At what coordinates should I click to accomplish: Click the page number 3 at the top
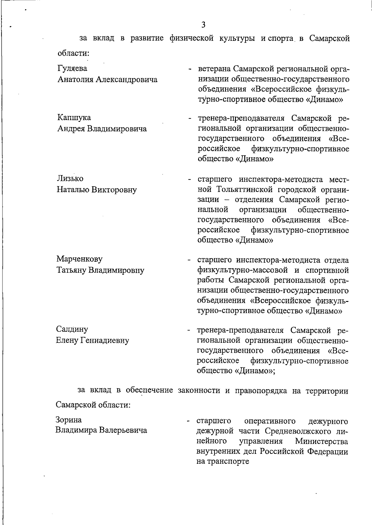(x=203, y=25)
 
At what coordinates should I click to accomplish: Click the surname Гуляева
(x=73, y=68)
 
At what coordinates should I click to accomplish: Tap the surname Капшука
(x=74, y=118)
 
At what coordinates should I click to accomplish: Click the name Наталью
(x=73, y=190)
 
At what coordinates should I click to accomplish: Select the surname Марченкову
(x=79, y=259)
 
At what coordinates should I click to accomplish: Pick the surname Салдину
(x=72, y=329)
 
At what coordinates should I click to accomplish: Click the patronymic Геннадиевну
(x=105, y=340)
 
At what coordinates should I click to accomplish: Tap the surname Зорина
(x=69, y=420)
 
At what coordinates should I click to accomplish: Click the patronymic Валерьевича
(x=123, y=430)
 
